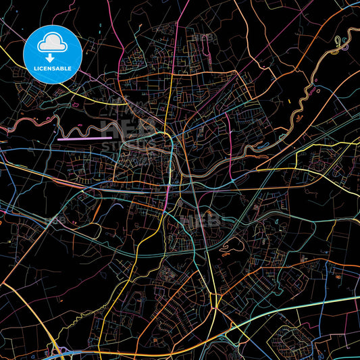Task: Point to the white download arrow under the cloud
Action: [x=51, y=57]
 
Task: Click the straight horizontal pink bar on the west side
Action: [x=85, y=138]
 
